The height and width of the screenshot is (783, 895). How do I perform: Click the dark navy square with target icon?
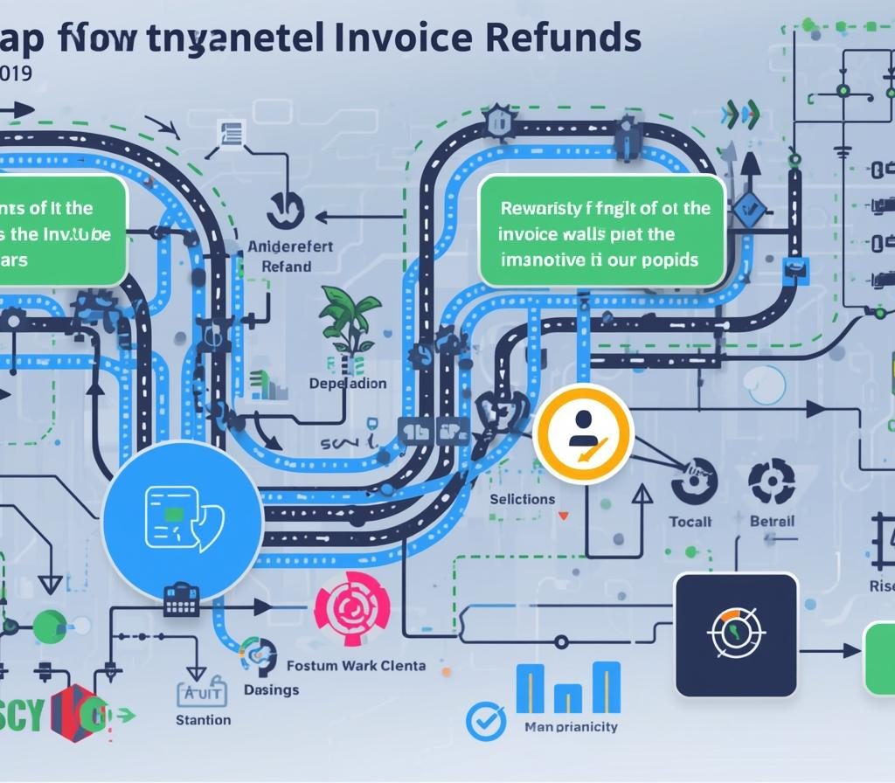click(736, 634)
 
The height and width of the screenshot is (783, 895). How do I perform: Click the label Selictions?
click(522, 499)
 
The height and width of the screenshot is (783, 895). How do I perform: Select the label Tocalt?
click(690, 521)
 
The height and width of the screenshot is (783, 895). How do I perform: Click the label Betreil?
click(772, 521)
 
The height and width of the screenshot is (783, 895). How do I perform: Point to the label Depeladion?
click(348, 384)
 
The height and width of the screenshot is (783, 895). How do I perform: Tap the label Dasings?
click(271, 689)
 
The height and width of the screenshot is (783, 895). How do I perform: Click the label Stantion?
click(203, 720)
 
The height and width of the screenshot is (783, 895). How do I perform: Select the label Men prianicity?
click(570, 726)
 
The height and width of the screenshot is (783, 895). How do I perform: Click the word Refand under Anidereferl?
click(286, 266)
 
